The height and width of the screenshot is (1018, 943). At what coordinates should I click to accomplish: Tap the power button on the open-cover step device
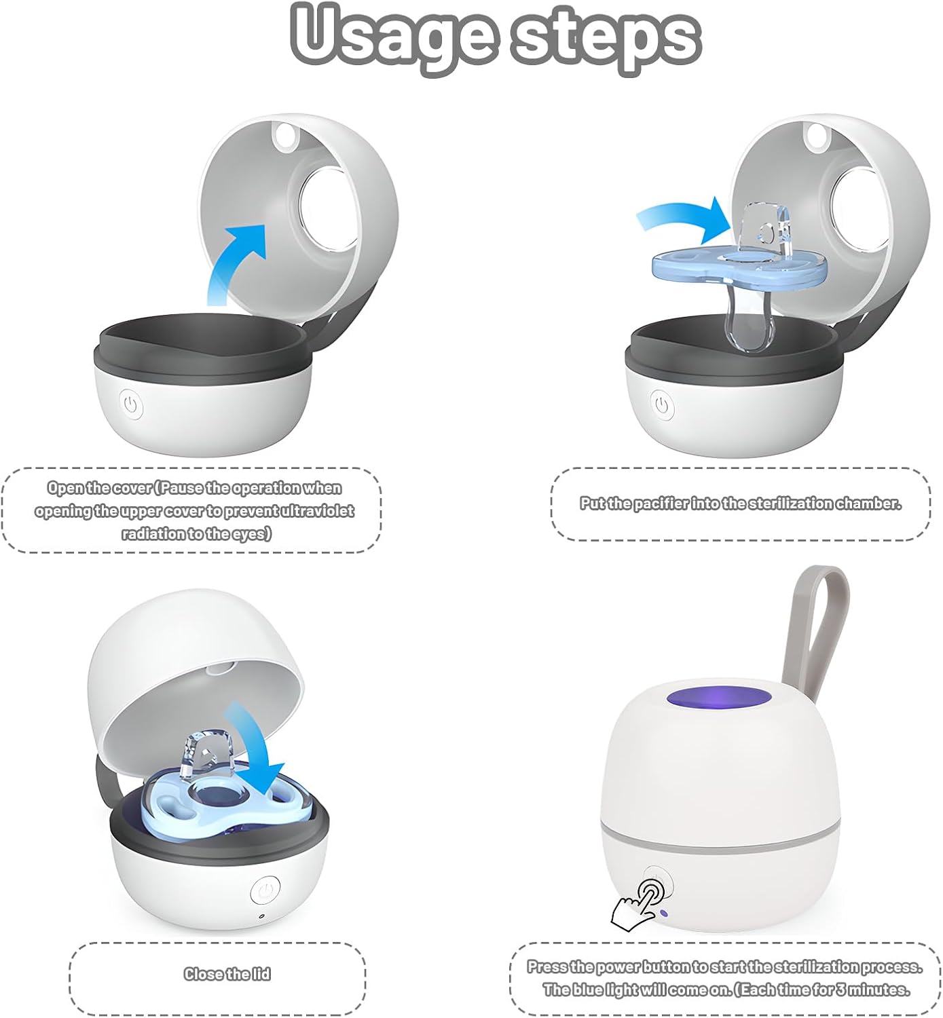tap(131, 405)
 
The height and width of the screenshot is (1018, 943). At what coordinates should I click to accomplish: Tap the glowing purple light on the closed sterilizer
tap(720, 698)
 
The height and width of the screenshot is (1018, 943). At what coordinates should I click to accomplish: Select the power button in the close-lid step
tap(265, 890)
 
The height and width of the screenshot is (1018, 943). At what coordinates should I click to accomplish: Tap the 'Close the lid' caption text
tap(227, 974)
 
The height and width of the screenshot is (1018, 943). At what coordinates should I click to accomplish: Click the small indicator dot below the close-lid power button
tap(262, 916)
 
